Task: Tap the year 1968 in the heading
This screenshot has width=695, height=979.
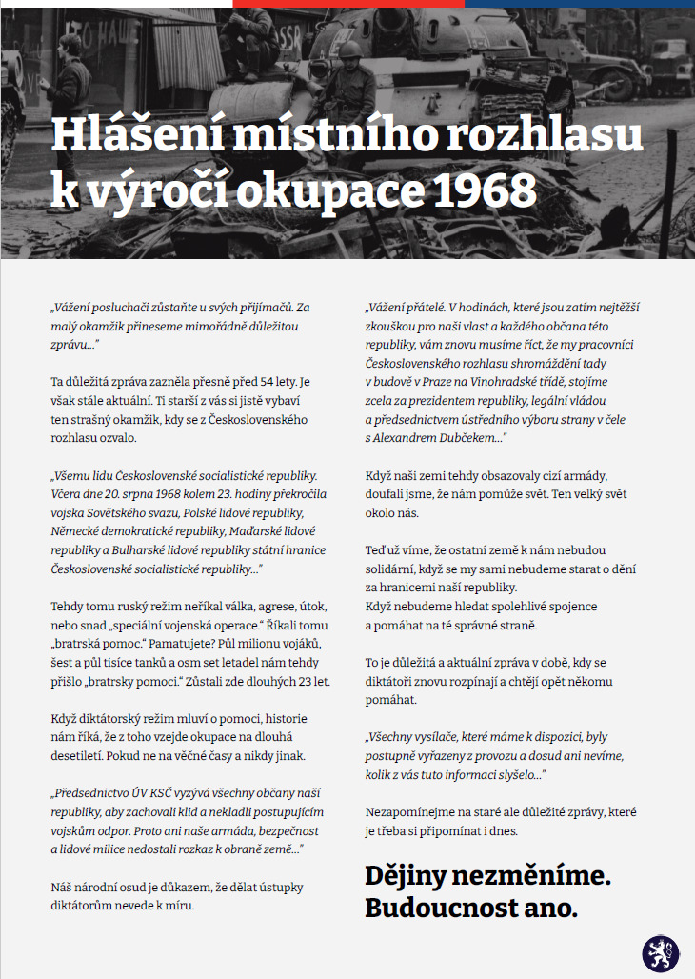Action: coord(484,190)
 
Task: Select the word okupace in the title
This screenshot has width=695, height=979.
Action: coord(337,190)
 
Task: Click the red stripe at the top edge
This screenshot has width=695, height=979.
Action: coord(347,3)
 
